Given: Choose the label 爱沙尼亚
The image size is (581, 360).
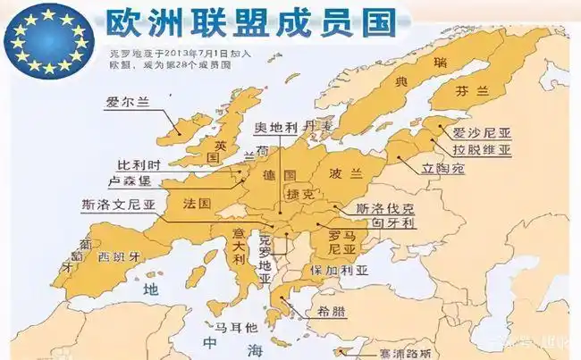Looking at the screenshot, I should pos(482,131).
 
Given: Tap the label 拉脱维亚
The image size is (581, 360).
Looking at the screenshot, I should pos(482,148).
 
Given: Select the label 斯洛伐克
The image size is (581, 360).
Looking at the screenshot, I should pos(385,209).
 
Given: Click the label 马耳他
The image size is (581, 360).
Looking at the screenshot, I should pos(231,327).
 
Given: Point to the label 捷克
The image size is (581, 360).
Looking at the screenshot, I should pos(299,195).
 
